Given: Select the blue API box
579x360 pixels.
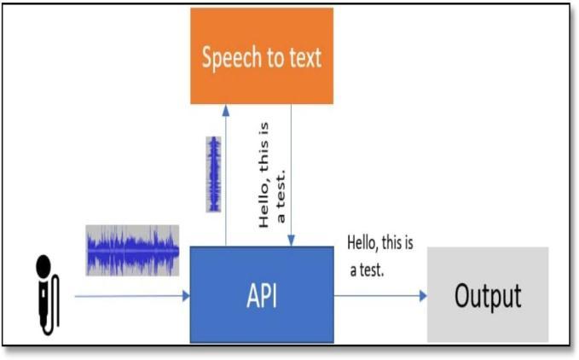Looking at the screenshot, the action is click(x=261, y=295).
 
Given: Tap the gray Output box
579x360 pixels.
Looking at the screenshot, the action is click(x=487, y=295).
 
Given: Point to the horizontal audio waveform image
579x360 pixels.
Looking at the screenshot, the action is click(x=132, y=250).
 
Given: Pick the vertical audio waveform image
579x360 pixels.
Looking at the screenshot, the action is click(x=213, y=174).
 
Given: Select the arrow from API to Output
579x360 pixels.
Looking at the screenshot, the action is click(x=379, y=297).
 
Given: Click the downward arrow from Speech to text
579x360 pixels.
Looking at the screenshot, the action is click(x=292, y=171).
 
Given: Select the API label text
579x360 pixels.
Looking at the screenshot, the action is click(x=261, y=296).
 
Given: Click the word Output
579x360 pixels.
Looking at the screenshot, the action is click(x=487, y=296).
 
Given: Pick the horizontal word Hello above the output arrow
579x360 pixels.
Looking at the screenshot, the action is click(x=361, y=243).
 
